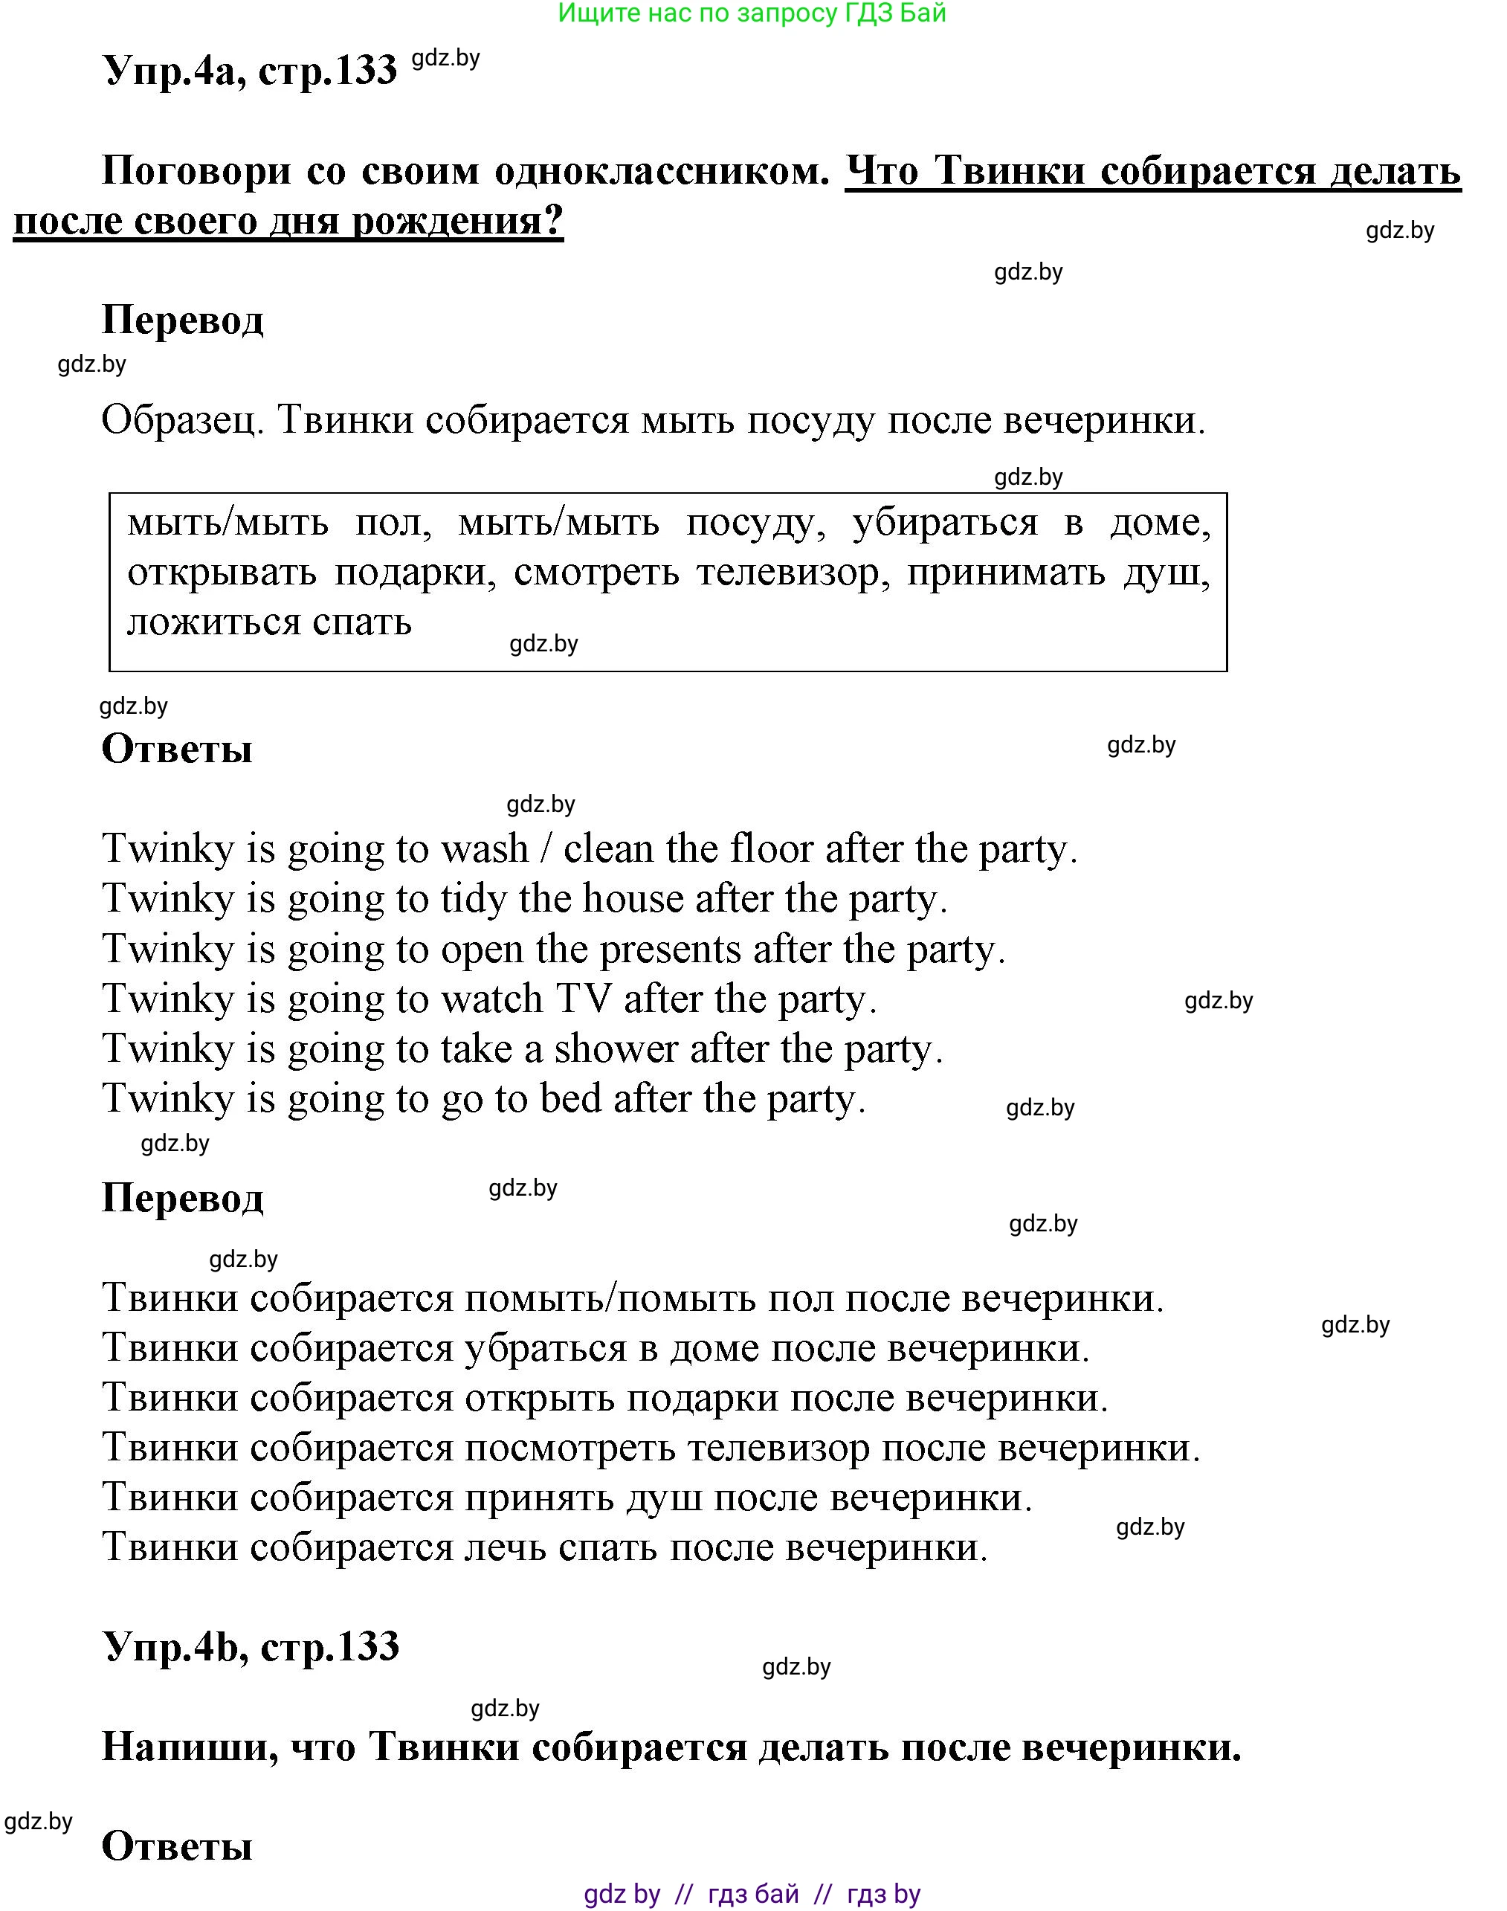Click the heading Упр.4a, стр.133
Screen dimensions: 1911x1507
pos(250,69)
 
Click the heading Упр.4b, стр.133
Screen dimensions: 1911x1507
pos(251,1646)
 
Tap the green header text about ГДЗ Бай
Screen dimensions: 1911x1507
pos(752,13)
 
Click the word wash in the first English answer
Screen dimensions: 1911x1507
pos(485,848)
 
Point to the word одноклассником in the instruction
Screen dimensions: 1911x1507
pos(662,170)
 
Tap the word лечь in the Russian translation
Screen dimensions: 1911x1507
pos(506,1547)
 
